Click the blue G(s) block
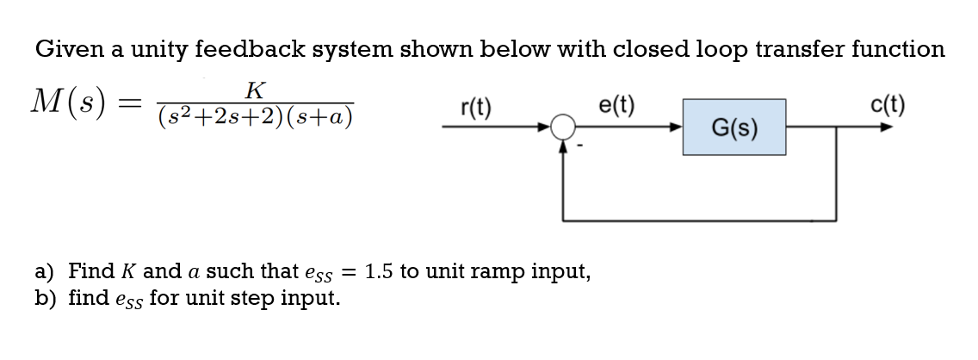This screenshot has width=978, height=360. (734, 127)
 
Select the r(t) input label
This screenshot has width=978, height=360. (476, 108)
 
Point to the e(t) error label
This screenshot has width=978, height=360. (616, 107)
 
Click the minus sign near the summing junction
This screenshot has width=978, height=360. (581, 147)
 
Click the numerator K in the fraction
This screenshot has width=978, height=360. (255, 89)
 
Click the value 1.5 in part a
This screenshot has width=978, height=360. (380, 271)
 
